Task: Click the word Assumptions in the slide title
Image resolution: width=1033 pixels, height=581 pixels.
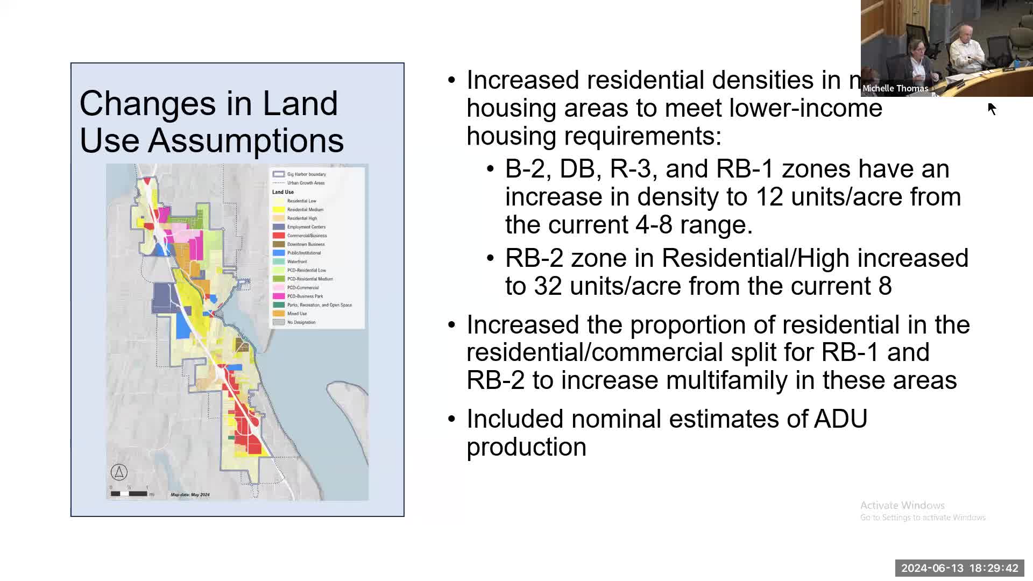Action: point(246,140)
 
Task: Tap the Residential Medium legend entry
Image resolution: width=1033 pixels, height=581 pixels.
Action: point(305,210)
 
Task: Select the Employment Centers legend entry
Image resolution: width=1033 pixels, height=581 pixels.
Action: point(306,227)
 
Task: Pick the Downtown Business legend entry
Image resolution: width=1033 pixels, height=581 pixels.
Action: point(305,244)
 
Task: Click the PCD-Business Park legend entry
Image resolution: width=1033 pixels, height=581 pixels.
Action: point(305,296)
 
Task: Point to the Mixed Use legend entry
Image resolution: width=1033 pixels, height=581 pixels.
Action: point(296,314)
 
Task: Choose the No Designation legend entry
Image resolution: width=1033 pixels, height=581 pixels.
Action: point(301,322)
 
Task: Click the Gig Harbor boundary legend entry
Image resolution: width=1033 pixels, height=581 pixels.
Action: point(306,174)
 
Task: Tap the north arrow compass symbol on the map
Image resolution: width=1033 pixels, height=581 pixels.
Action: point(119,472)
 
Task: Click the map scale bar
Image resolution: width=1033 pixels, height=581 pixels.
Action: point(129,493)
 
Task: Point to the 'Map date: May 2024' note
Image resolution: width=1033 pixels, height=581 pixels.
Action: point(190,494)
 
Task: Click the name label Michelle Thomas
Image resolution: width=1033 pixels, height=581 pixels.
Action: point(895,89)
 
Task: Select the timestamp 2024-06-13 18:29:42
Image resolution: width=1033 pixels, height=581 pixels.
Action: point(960,568)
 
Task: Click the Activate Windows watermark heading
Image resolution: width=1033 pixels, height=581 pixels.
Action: point(902,505)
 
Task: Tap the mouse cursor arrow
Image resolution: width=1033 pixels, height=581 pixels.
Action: point(992,108)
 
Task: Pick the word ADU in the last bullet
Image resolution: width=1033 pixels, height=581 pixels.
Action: point(840,419)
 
